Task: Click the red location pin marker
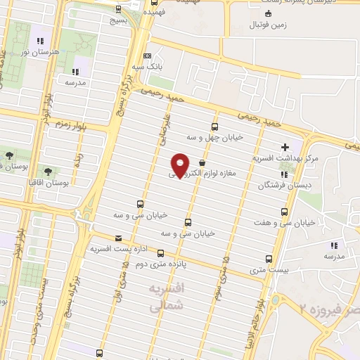coord(181,165)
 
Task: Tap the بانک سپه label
coord(149,67)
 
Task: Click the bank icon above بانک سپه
coord(146,56)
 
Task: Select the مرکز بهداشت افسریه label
coord(288,159)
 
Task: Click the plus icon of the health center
coord(284,148)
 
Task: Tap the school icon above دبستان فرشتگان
coord(283,174)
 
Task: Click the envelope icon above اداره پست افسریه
coord(117,238)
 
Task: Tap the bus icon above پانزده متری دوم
coord(160,253)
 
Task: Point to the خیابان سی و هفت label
coord(285,222)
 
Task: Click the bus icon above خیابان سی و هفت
coord(284,212)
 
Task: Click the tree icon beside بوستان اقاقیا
coord(48,171)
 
